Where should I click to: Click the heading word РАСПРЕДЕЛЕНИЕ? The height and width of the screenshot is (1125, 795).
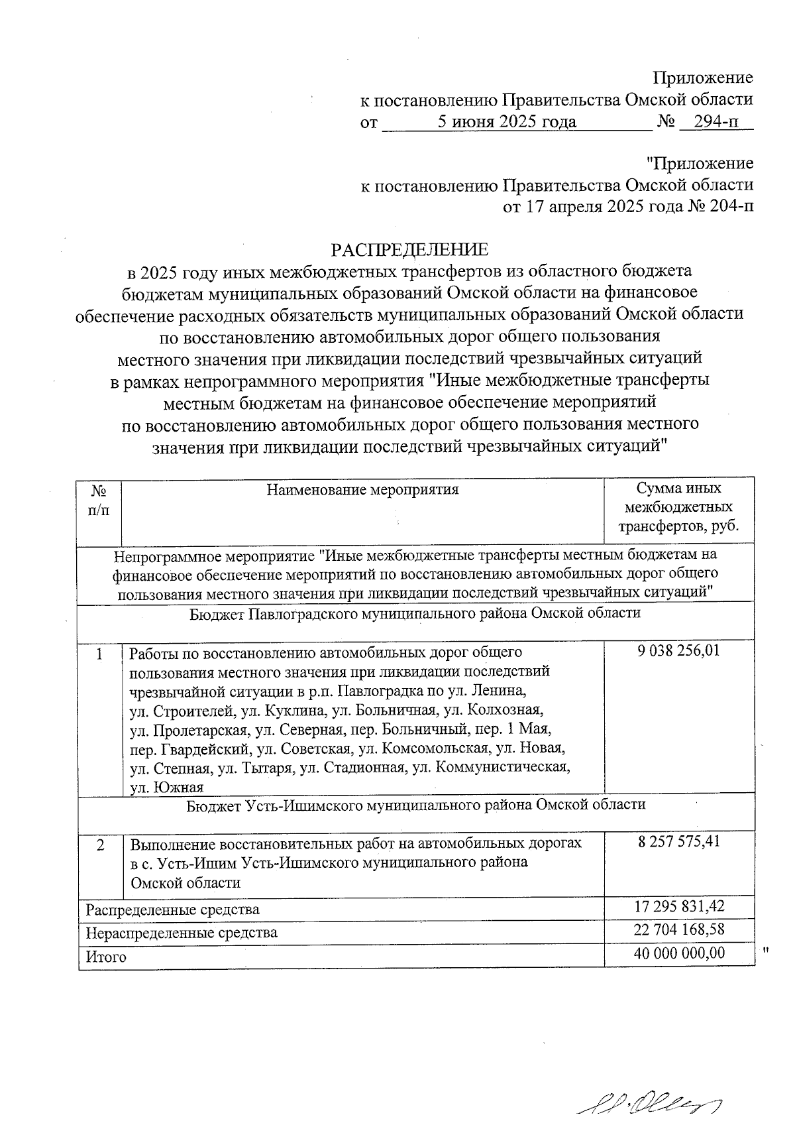click(409, 249)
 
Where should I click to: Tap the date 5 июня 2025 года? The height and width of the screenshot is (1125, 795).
click(507, 121)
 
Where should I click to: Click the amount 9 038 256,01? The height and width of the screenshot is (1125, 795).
click(678, 651)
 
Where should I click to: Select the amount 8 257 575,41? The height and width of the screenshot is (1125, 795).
click(678, 841)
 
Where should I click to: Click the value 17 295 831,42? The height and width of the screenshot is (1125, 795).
click(678, 906)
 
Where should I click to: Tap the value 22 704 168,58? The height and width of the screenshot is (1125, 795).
click(678, 929)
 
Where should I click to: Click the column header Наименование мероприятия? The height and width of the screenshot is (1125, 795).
click(362, 490)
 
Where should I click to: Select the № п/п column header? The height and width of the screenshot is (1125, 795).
click(99, 500)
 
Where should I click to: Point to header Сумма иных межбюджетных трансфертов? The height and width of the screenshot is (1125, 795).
click(678, 507)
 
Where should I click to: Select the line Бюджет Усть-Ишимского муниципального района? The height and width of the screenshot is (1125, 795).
click(415, 805)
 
